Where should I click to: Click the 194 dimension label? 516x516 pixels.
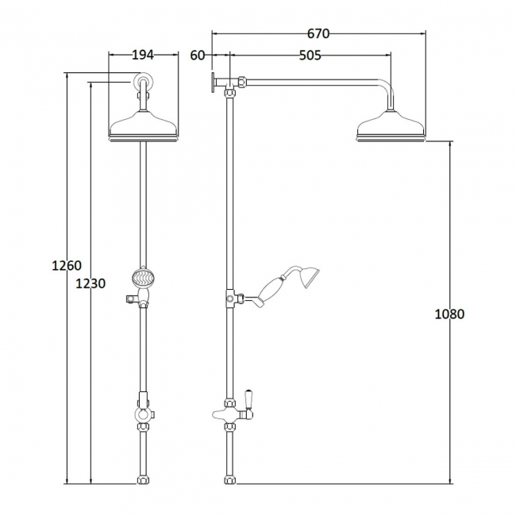[x=142, y=55]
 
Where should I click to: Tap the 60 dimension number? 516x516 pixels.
[x=198, y=55]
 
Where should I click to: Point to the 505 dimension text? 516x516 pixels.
[x=310, y=55]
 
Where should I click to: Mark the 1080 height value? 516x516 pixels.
[x=449, y=314]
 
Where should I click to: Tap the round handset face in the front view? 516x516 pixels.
[x=142, y=279]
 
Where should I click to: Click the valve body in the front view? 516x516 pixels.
[x=142, y=414]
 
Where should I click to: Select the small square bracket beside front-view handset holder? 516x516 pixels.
[x=126, y=299]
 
